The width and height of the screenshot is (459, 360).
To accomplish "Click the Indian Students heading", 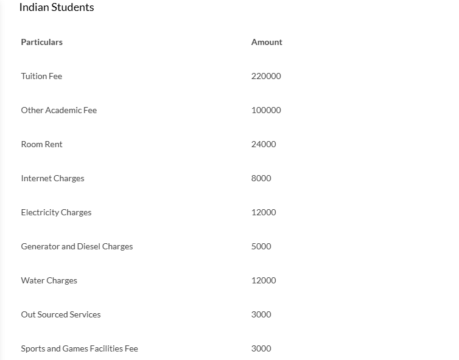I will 57,8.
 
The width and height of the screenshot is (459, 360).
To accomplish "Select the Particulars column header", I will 41,42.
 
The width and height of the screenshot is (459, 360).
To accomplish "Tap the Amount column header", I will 267,42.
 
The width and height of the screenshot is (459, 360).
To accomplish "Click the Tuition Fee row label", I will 41,76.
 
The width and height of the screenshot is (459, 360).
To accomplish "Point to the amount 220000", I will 266,76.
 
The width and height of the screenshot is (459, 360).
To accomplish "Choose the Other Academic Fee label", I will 59,110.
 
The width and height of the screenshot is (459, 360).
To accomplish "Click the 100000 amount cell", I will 266,110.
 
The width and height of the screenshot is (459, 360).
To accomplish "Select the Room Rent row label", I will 41,144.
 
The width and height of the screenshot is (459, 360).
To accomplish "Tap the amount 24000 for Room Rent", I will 264,144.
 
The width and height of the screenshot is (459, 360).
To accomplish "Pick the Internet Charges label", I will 52,178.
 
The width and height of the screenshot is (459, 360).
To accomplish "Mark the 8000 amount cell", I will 261,178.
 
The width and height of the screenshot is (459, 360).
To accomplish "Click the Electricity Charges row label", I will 56,212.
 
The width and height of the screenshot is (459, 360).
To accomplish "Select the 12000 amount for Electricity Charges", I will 264,212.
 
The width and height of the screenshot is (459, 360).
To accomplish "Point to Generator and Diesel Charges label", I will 77,246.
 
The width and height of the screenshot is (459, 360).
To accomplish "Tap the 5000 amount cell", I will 261,246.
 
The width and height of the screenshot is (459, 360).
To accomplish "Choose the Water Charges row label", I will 49,280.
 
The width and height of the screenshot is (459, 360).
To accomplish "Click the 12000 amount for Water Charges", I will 264,280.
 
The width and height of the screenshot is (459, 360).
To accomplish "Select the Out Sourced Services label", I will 61,314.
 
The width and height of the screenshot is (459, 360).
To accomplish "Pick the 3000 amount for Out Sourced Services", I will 261,314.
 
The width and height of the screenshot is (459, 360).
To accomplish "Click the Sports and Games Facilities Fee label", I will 79,348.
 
